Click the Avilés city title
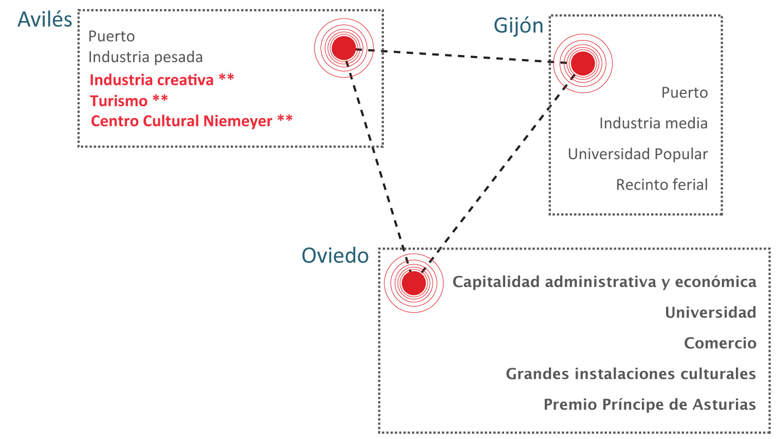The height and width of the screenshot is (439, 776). (x=45, y=20)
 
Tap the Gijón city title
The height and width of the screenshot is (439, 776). (x=518, y=26)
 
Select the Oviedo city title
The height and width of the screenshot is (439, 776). (x=335, y=256)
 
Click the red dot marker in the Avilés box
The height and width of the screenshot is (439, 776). (x=344, y=48)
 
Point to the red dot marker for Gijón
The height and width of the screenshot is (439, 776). (x=583, y=63)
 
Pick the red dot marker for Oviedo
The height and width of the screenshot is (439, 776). (x=414, y=283)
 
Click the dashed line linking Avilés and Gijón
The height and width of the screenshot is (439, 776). (x=463, y=56)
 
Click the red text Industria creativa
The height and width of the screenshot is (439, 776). (x=152, y=80)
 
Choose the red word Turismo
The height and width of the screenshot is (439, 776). (x=119, y=101)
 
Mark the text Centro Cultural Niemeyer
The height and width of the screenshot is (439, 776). (x=181, y=121)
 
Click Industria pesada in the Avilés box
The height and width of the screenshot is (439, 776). (x=145, y=57)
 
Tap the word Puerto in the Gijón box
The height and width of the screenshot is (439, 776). (x=684, y=93)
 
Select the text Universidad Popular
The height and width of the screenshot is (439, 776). (x=637, y=154)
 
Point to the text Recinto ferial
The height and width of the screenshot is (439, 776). (x=661, y=185)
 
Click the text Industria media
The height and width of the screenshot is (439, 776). (x=653, y=123)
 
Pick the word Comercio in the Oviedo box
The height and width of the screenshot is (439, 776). (x=719, y=343)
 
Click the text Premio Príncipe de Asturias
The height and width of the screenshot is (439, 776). (x=650, y=405)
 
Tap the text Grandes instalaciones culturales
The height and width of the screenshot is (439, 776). (x=631, y=374)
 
